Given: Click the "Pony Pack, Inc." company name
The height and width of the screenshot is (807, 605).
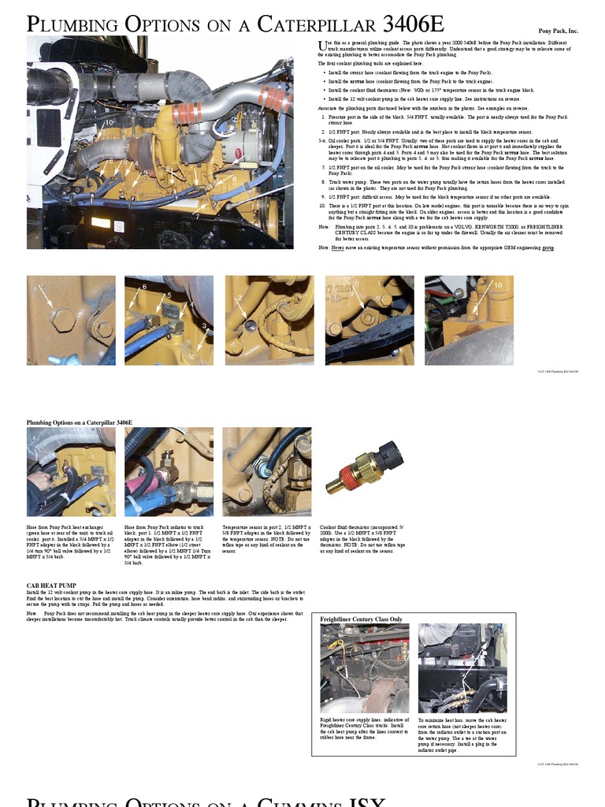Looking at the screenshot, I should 558,31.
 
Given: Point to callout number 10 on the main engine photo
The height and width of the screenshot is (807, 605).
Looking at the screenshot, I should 109,122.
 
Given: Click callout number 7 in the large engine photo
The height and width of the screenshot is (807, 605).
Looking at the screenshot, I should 197,215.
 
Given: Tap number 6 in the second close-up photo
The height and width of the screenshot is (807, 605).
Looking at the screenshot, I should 144,287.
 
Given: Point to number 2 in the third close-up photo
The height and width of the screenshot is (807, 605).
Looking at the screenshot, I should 238,298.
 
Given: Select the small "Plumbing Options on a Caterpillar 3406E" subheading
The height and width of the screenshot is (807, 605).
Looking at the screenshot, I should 79,422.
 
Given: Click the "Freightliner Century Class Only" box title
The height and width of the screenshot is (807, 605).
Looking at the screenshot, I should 361,619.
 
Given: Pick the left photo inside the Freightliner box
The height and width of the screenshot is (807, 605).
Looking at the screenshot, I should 364,668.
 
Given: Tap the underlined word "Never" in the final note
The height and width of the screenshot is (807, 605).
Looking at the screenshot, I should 338,247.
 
